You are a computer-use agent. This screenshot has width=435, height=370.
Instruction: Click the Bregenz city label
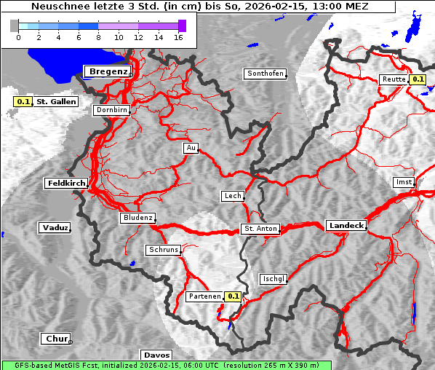(108, 71)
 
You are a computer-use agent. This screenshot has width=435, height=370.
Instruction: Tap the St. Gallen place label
(56, 102)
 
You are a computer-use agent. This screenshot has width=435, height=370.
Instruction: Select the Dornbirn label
(112, 111)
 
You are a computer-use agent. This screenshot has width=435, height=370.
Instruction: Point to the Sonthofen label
(265, 74)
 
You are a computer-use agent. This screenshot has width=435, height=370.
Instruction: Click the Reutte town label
(393, 79)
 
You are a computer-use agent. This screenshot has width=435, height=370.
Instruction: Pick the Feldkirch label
(66, 184)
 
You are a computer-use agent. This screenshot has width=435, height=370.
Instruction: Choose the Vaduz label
(55, 228)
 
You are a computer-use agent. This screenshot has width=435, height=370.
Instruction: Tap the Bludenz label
(137, 218)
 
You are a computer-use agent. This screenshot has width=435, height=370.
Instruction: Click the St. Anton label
(260, 229)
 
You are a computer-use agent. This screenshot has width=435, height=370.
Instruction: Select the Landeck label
(346, 226)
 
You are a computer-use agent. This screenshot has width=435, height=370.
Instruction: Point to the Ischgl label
(274, 279)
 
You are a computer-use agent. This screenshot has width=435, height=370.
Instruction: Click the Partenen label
(204, 296)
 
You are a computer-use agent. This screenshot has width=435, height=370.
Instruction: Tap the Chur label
(55, 339)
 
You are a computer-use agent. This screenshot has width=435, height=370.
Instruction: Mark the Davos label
(156, 355)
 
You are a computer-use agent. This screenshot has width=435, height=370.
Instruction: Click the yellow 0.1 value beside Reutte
(418, 79)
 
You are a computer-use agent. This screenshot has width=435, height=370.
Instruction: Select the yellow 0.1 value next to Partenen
(233, 296)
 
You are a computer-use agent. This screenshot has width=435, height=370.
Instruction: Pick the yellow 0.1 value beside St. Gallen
(23, 102)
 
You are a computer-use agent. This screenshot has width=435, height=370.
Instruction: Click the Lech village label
(232, 196)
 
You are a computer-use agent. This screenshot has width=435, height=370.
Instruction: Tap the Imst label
(402, 181)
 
